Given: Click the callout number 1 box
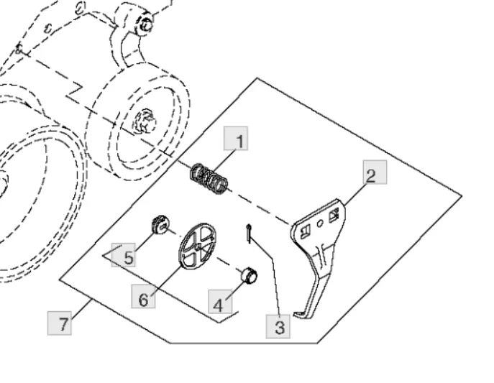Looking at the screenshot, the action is pyautogui.click(x=236, y=139).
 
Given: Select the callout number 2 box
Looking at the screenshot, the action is pyautogui.click(x=375, y=172).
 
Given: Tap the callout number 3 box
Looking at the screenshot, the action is pyautogui.click(x=278, y=326).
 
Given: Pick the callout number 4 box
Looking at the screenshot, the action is pyautogui.click(x=220, y=302).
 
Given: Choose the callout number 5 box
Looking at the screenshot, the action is pyautogui.click(x=124, y=255).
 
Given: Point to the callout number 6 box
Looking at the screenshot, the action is pyautogui.click(x=143, y=296).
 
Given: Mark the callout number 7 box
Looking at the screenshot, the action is pyautogui.click(x=60, y=323).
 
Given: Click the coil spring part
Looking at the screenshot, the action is pyautogui.click(x=209, y=178).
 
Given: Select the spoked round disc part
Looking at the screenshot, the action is pyautogui.click(x=197, y=246).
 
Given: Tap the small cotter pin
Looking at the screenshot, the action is pyautogui.click(x=249, y=234).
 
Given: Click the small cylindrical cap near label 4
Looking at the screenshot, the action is pyautogui.click(x=250, y=276).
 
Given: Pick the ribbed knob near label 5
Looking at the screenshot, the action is pyautogui.click(x=160, y=225).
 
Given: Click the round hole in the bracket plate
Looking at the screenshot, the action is pyautogui.click(x=320, y=223).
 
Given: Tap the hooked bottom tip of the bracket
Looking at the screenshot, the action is pyautogui.click(x=296, y=314).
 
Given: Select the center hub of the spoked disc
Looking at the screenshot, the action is pyautogui.click(x=198, y=247).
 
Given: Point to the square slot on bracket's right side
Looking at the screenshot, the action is pyautogui.click(x=334, y=216).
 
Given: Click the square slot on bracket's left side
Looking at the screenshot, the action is pyautogui.click(x=306, y=231).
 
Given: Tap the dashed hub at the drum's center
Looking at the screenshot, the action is pyautogui.click(x=145, y=121).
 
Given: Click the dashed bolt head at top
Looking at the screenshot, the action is pyautogui.click(x=145, y=24).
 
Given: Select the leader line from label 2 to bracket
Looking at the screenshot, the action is pyautogui.click(x=355, y=195).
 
